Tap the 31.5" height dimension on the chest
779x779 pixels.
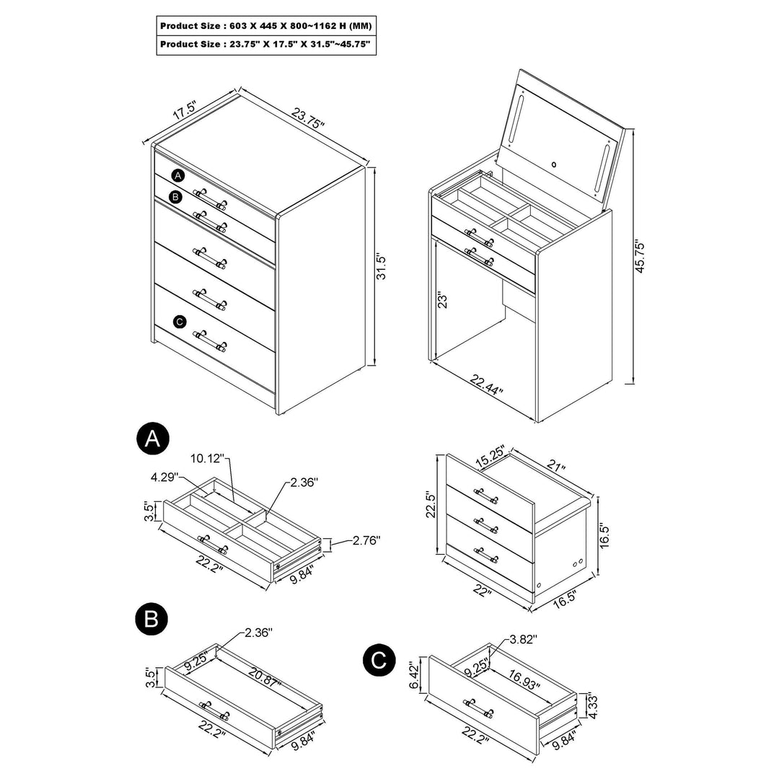pos(383,265)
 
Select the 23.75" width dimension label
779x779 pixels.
pos(308,118)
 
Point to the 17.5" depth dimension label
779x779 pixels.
pos(185,111)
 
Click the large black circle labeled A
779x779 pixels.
pos(152,439)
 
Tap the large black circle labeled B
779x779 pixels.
pos(152,618)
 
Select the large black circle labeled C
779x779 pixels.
pos(379,660)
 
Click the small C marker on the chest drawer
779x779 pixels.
pos(180,322)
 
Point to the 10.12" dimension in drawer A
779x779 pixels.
pos(208,458)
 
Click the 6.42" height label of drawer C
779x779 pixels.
pos(415,675)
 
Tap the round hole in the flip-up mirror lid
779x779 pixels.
pos(554,164)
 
